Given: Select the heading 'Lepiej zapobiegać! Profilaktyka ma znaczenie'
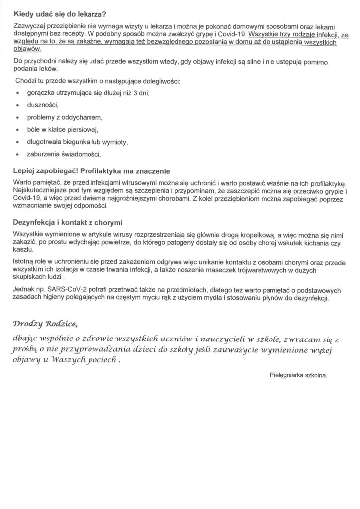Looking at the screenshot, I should click(91, 170).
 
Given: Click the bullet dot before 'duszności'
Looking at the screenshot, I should click(18, 105).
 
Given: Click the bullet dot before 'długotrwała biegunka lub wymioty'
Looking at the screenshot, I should click(18, 142).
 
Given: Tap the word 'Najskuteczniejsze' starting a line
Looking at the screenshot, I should click(38, 192).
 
